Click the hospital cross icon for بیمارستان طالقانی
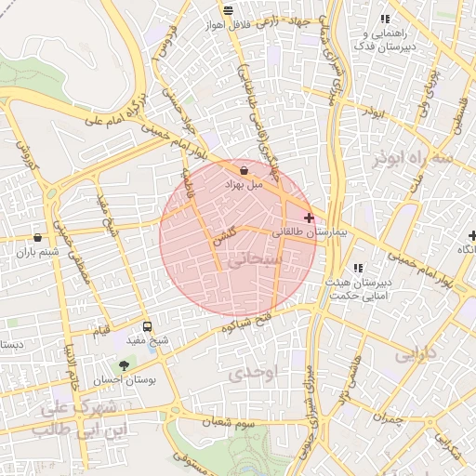tap(310, 218)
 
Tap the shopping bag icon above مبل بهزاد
tap(244, 170)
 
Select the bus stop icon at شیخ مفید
tap(147, 326)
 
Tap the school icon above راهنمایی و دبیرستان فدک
tap(385, 20)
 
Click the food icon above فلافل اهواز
tap(228, 11)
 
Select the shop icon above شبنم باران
tap(36, 237)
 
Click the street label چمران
tap(393, 420)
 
